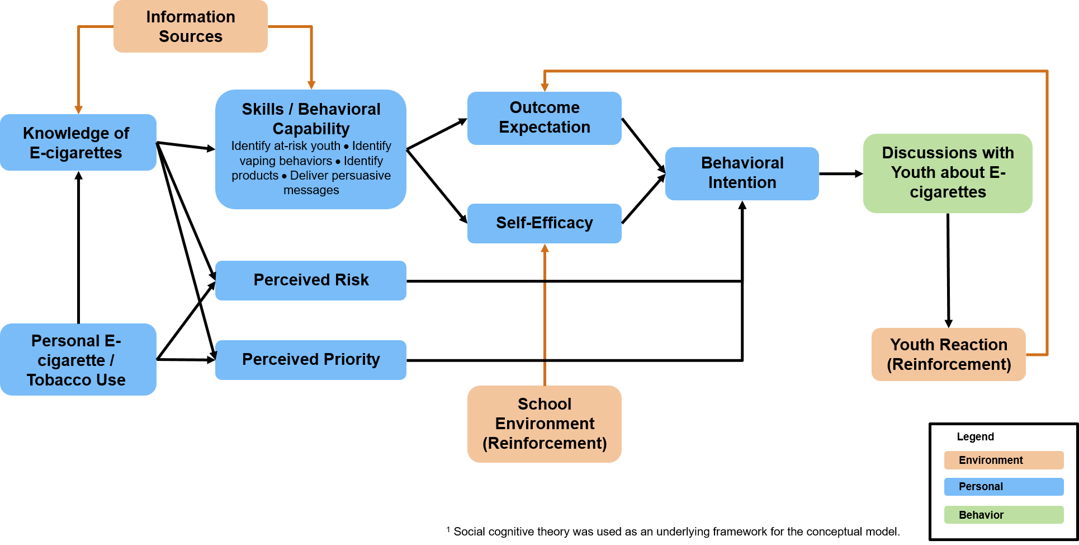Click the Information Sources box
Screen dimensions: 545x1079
(190, 26)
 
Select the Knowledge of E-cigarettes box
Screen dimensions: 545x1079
(78, 143)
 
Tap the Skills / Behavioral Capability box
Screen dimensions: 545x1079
(311, 149)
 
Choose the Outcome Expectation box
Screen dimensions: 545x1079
(544, 118)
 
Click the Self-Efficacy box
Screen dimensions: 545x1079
(544, 223)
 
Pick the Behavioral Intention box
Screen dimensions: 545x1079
(742, 173)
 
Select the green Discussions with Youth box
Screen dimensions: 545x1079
(947, 173)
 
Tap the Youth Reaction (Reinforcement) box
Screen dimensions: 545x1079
(948, 354)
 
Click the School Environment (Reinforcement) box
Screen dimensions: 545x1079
(544, 424)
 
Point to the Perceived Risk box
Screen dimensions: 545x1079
(311, 280)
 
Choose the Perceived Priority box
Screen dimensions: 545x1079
(311, 359)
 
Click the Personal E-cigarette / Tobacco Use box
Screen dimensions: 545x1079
(78, 360)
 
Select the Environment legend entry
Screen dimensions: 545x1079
(1003, 460)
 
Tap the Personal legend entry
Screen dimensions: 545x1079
(1003, 486)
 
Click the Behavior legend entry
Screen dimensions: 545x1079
(1003, 515)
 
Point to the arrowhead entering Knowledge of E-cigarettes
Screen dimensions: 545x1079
(79, 110)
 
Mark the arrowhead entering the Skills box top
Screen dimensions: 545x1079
(311, 85)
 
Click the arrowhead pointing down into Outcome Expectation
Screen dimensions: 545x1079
(545, 87)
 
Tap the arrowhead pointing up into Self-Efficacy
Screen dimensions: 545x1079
(545, 248)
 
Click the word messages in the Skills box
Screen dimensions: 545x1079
(311, 190)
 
